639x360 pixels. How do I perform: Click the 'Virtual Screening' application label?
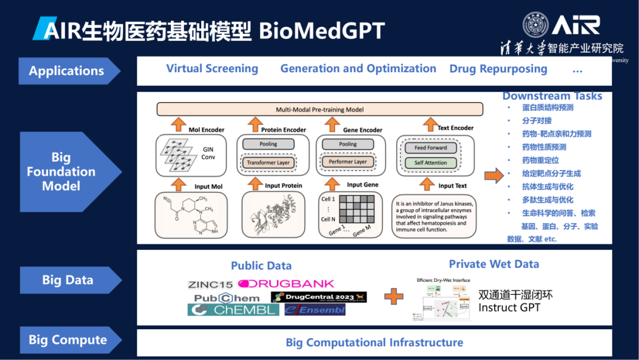tap(212, 69)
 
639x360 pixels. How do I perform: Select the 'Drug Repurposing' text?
tap(498, 69)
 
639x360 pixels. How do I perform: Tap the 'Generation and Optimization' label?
tap(358, 69)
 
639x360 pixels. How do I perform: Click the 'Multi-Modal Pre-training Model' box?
tap(319, 110)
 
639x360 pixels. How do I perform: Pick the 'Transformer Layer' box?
tap(268, 162)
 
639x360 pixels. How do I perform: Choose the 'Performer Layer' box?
tap(348, 162)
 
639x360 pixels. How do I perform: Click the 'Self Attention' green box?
tap(430, 163)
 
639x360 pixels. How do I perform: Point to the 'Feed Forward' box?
tap(430, 147)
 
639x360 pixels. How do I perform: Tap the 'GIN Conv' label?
tap(208, 153)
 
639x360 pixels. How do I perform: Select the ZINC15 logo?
tap(211, 284)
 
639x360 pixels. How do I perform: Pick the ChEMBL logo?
tap(233, 310)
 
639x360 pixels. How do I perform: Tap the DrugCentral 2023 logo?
tap(318, 297)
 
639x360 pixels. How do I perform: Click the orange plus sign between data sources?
tap(393, 295)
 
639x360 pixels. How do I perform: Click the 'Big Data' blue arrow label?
tap(67, 280)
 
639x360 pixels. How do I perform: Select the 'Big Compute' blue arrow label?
tap(67, 340)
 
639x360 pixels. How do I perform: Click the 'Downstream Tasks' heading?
tap(552, 96)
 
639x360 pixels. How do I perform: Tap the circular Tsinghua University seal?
tap(535, 25)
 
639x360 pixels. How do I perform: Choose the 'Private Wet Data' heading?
tap(493, 264)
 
